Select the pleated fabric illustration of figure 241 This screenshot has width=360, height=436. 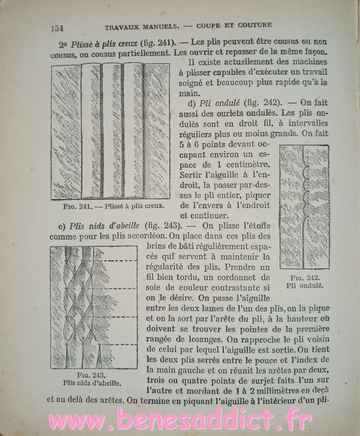coord(111,131)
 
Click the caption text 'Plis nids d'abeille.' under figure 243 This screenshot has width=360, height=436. coord(92,382)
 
